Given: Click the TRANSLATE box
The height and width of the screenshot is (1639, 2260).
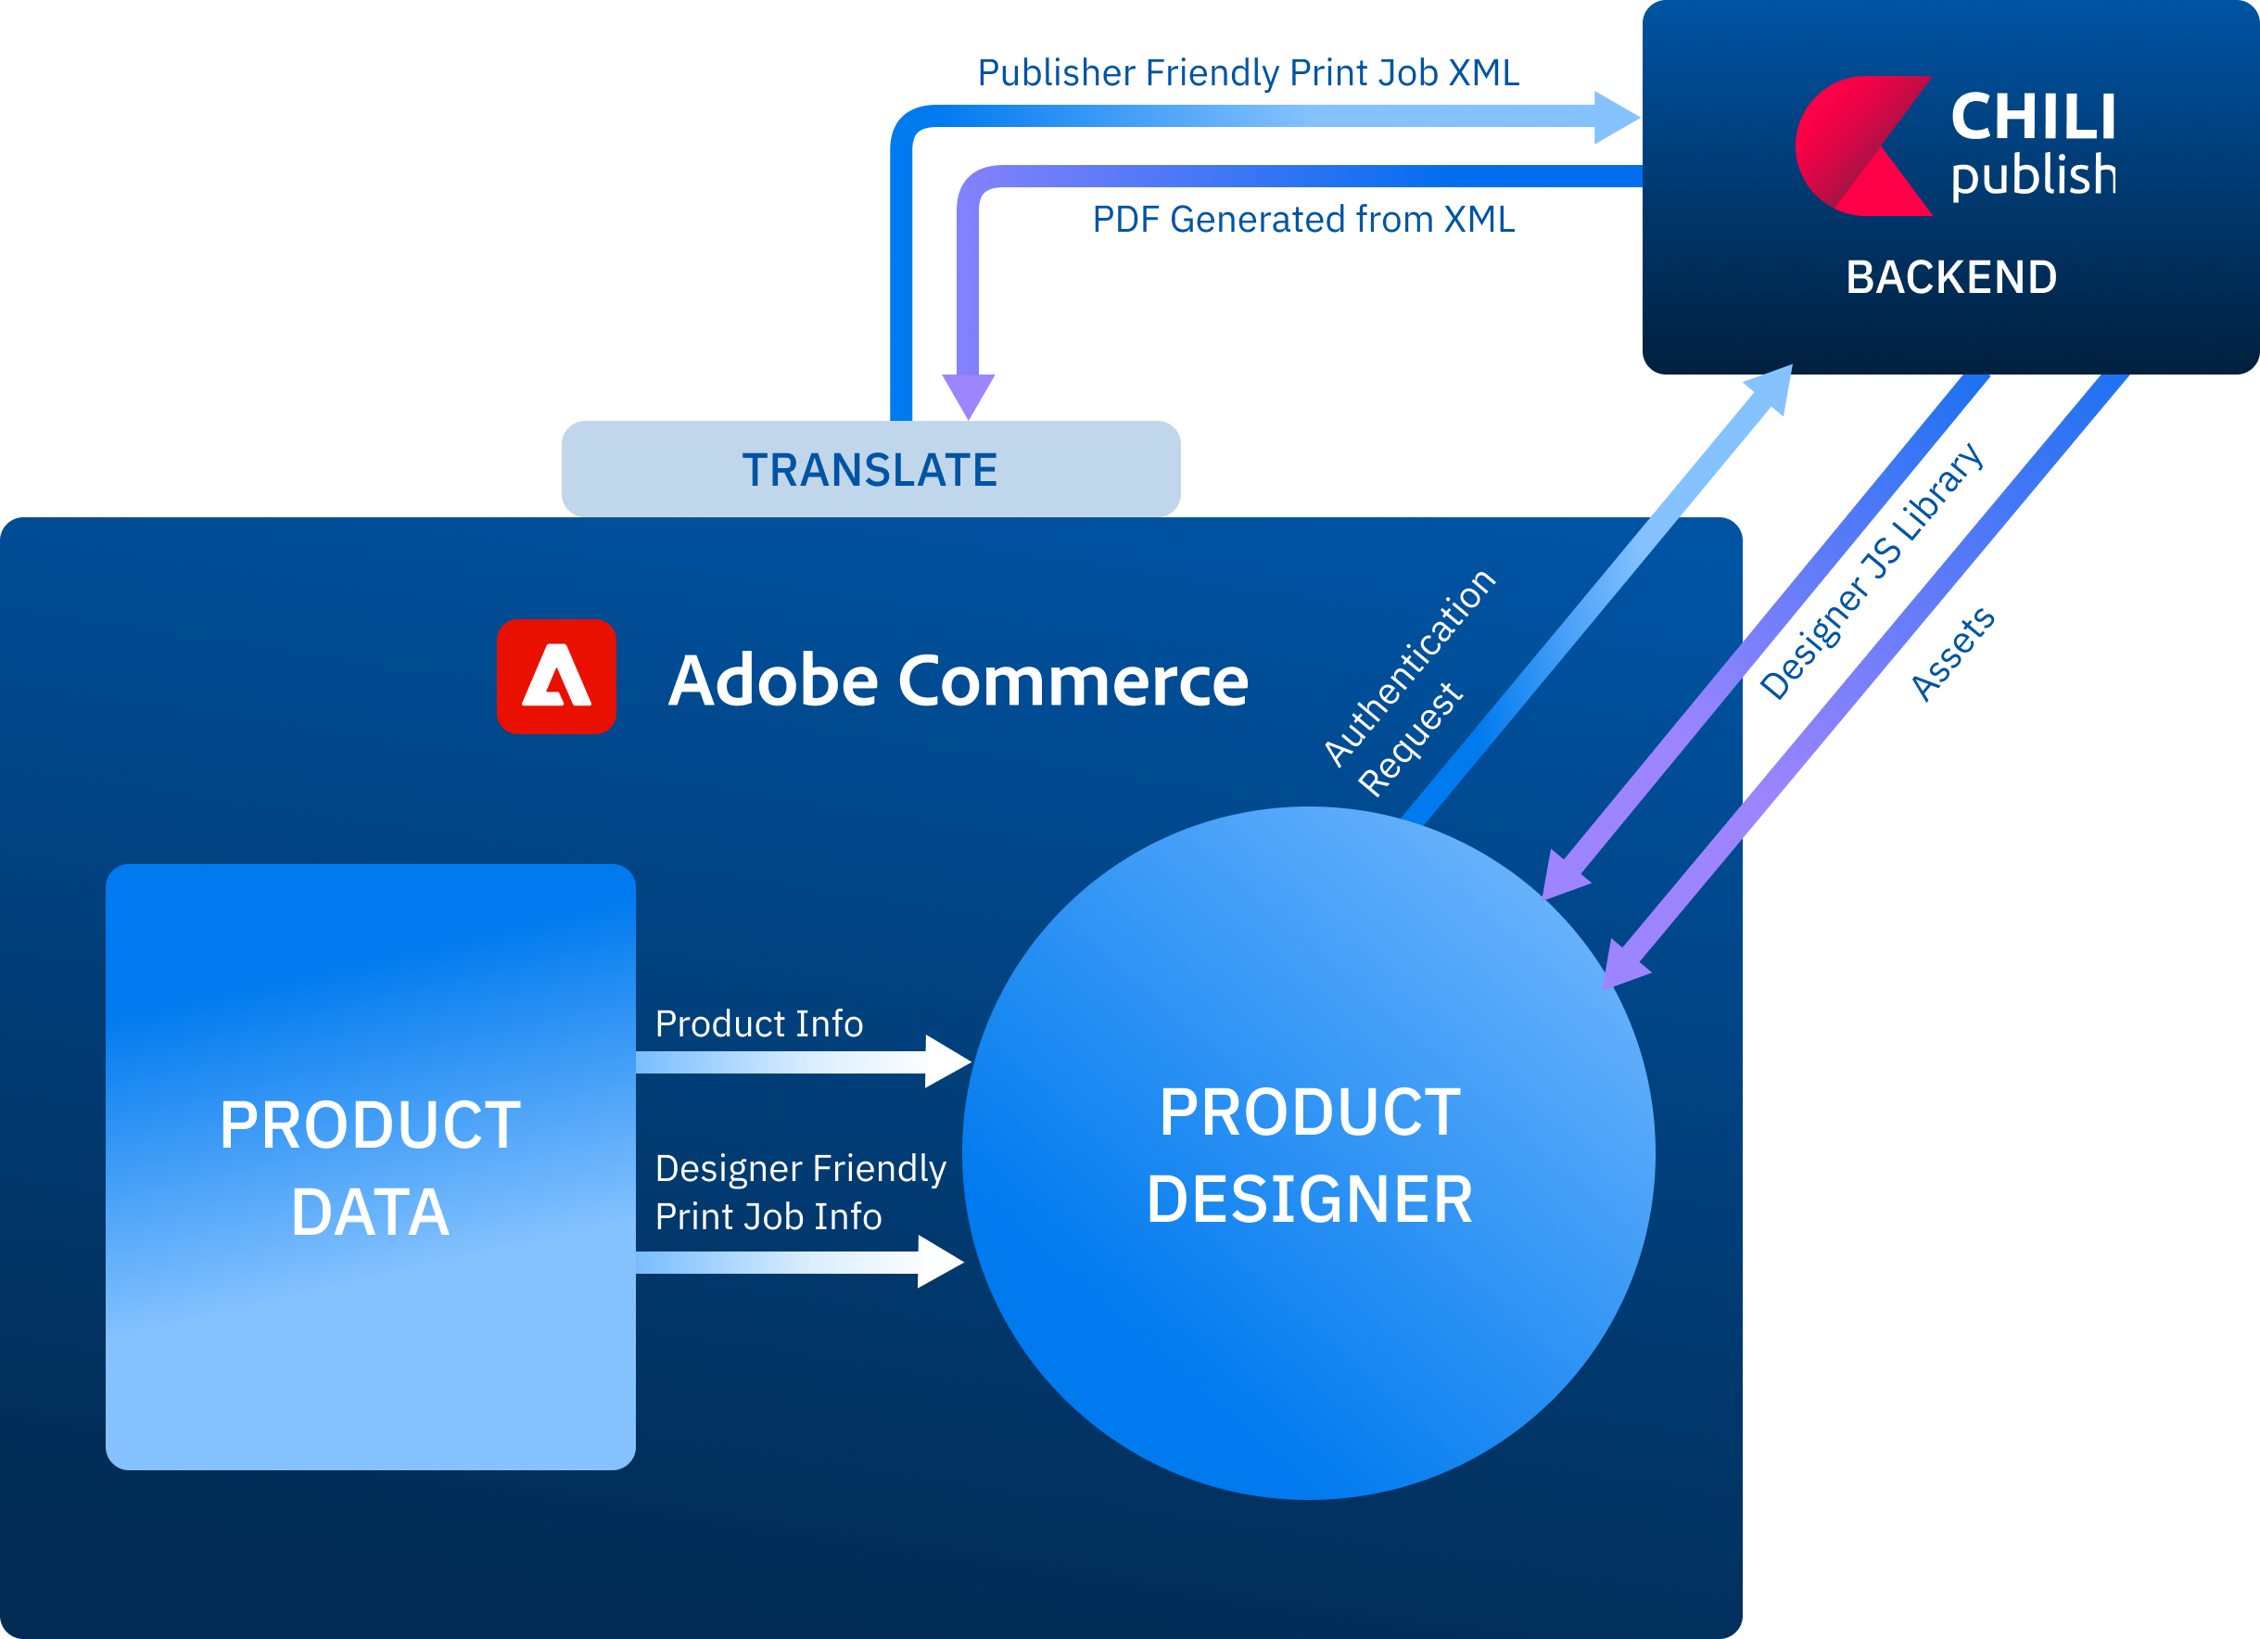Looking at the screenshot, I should tap(870, 469).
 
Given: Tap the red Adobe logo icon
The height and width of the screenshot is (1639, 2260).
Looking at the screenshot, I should tap(556, 677).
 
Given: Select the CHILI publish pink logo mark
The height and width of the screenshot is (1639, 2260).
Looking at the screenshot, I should tap(1860, 146).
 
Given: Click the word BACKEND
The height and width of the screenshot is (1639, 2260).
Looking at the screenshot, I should tap(1951, 277).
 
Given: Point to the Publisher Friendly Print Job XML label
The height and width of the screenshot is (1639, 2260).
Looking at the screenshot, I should tap(1248, 72).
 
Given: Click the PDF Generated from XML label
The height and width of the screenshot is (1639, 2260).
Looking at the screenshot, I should tap(1302, 219).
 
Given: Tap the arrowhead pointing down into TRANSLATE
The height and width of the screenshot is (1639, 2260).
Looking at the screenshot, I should tap(969, 396).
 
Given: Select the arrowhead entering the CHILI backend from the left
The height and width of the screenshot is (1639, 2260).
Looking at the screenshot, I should tap(1616, 118).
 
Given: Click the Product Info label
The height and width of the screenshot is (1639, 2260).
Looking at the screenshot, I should tap(758, 1023).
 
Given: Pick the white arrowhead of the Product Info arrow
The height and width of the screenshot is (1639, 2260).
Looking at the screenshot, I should tap(946, 1061).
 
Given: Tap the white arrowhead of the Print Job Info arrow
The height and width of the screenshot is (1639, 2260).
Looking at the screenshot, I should tap(939, 1262).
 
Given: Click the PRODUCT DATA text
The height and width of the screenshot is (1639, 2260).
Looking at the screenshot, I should tap(370, 1168).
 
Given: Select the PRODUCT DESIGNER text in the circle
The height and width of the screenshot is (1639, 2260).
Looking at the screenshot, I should tap(1308, 1155).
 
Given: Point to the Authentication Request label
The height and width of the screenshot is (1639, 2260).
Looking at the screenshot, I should tap(1409, 684).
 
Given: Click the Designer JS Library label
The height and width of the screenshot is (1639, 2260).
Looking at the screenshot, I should tap(1871, 571).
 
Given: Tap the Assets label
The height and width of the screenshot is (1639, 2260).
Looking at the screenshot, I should tap(1952, 654).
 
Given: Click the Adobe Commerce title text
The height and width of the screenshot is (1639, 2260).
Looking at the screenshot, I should tap(957, 680).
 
